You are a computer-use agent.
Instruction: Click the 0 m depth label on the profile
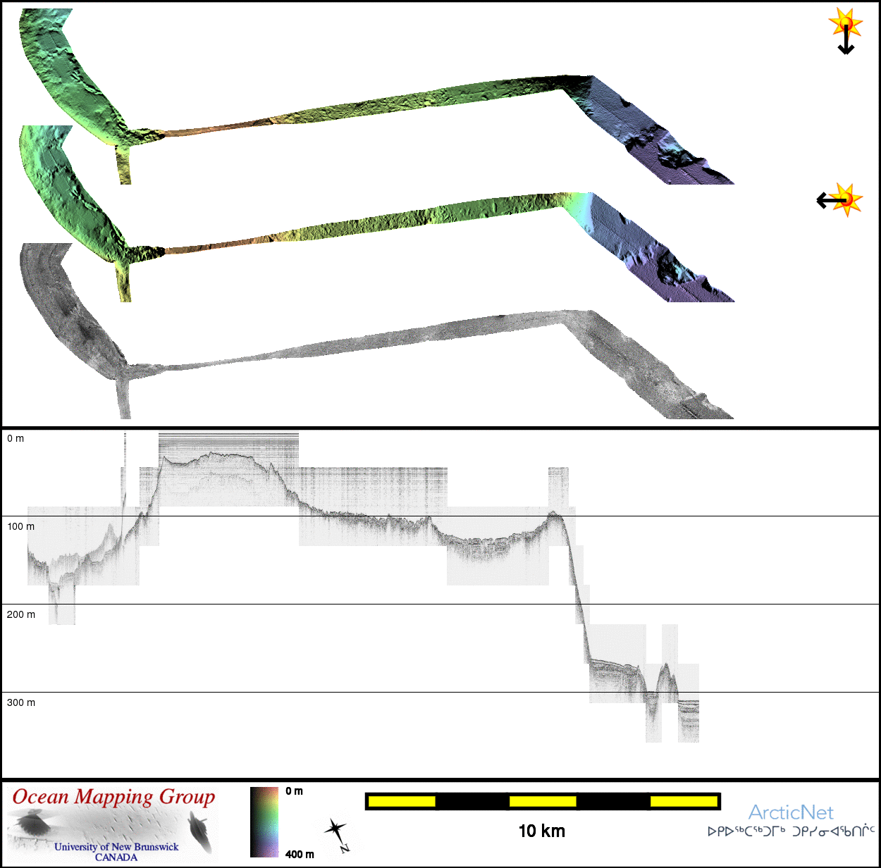click(16, 438)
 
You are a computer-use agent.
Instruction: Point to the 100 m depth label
click(20, 526)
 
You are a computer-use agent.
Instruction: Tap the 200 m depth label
click(20, 614)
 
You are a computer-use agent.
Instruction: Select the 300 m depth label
click(20, 702)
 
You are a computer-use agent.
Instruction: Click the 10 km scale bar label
click(542, 831)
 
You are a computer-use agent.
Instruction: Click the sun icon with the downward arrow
click(846, 31)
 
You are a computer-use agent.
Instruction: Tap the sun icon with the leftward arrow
click(840, 200)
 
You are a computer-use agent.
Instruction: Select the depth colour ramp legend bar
click(264, 821)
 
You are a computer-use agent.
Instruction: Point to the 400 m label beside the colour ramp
click(300, 855)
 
